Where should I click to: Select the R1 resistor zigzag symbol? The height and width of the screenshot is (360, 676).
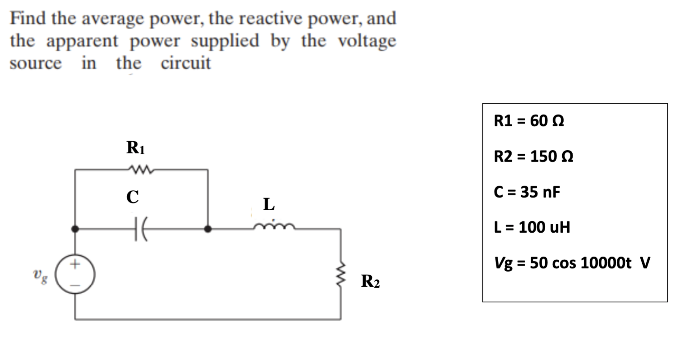coord(140,170)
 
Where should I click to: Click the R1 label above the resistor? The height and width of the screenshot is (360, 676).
coord(135,148)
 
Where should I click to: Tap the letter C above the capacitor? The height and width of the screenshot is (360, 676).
coord(132,197)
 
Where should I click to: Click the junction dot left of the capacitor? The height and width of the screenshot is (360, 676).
coord(75,229)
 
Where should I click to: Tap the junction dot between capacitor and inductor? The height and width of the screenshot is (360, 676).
coord(208,229)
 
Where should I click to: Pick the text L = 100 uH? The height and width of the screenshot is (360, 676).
coord(532,227)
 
